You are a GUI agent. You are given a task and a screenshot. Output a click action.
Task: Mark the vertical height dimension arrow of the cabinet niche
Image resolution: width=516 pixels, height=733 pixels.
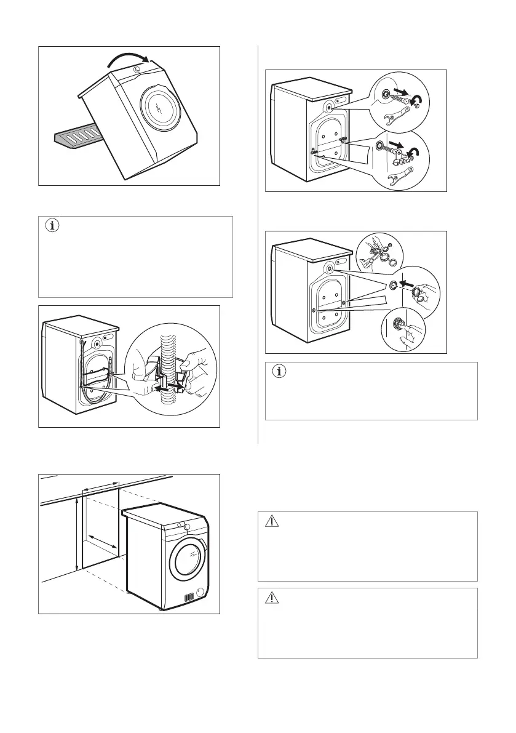76,534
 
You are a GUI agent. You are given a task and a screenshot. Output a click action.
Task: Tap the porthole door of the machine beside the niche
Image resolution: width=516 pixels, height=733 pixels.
188,558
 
